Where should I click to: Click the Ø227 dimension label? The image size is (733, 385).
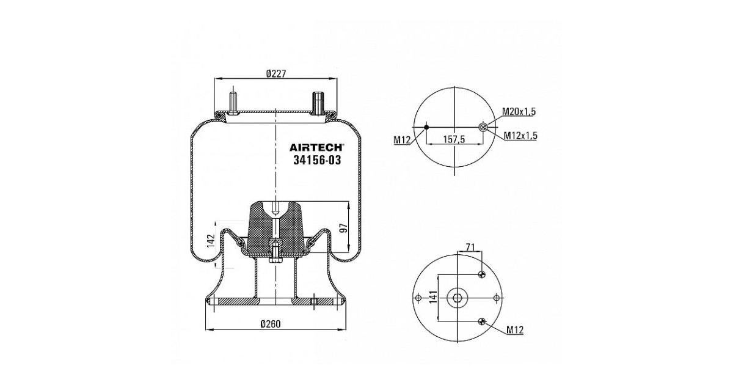[x=276, y=74]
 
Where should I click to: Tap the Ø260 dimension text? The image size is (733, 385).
[x=271, y=324]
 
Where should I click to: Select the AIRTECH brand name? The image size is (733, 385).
[x=316, y=147]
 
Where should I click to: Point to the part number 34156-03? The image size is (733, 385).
[x=317, y=160]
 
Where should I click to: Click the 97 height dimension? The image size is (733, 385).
[x=343, y=228]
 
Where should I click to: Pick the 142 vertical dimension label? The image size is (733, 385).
[x=211, y=241]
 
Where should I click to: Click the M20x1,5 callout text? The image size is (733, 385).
[x=519, y=111]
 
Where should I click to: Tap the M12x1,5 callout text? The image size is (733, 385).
[x=520, y=135]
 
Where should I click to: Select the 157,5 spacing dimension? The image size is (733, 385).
[x=454, y=139]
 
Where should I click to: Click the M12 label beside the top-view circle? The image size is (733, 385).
[x=402, y=140]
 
